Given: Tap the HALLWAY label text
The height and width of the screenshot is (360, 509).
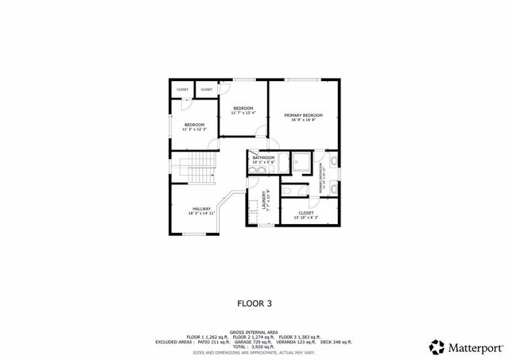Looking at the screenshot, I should pos(201,209).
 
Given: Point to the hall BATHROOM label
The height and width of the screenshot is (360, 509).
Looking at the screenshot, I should pos(263,157).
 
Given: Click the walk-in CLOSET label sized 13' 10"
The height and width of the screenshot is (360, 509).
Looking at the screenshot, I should pos(306,212).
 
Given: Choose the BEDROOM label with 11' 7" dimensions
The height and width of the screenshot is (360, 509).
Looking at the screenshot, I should pos(243,108).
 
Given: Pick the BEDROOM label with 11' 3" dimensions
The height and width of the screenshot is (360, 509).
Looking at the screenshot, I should pos(195,125).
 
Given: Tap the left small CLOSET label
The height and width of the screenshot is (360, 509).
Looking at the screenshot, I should pos(182,90).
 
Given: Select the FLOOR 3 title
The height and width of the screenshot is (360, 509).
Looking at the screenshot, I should pos(254,303).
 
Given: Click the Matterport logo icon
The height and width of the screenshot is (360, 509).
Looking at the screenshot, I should pos(437,346).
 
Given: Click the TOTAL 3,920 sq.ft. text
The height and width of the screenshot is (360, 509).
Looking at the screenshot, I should pos(248,346).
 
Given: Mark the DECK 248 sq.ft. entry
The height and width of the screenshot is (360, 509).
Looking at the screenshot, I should pos(333,342).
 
